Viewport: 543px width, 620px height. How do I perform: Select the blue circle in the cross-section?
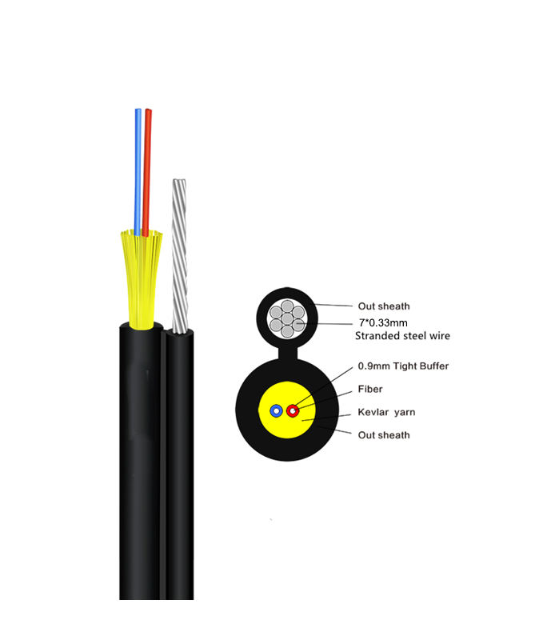click(x=276, y=411)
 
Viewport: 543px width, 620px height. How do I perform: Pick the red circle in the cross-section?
click(x=293, y=411)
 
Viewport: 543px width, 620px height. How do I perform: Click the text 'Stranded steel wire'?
click(x=402, y=336)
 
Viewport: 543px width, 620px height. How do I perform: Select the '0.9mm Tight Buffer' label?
click(x=402, y=366)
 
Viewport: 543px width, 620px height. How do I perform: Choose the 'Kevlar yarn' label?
click(x=388, y=412)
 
